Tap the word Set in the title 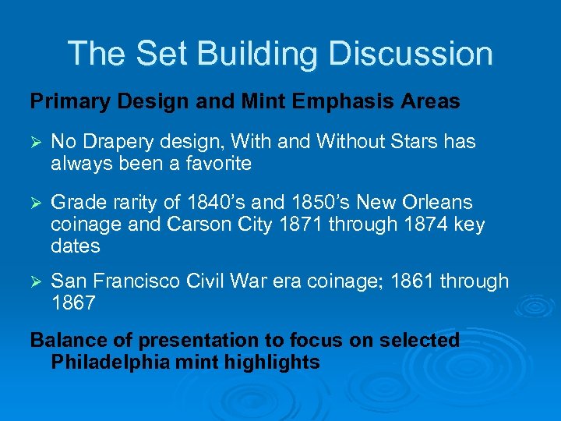pyautogui.click(x=161, y=54)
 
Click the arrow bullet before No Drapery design pyautogui.click(x=35, y=143)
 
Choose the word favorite pyautogui.click(x=214, y=164)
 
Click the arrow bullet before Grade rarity pyautogui.click(x=35, y=203)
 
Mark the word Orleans pyautogui.click(x=434, y=203)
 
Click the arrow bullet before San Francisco pyautogui.click(x=35, y=281)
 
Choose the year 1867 pyautogui.click(x=72, y=302)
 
